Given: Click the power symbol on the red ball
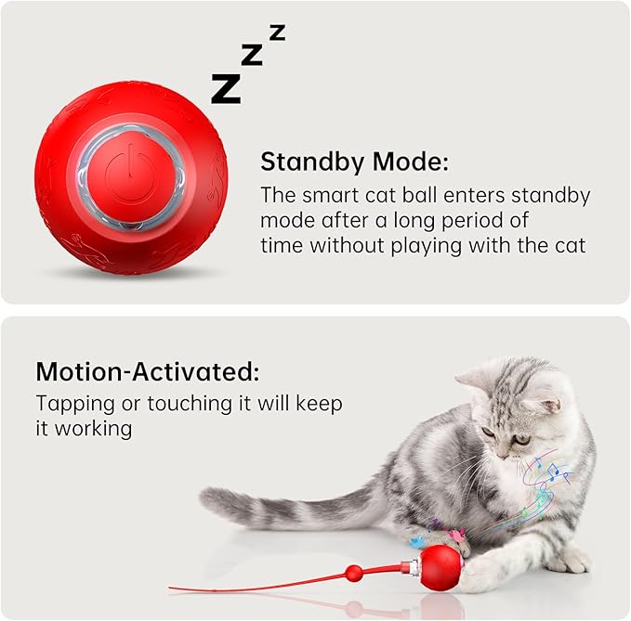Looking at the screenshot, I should pos(129,173).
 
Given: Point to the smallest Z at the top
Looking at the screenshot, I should pos(277,32).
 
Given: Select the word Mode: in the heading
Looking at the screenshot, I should pos(411,162).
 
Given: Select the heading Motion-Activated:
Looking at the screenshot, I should pos(148,372).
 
